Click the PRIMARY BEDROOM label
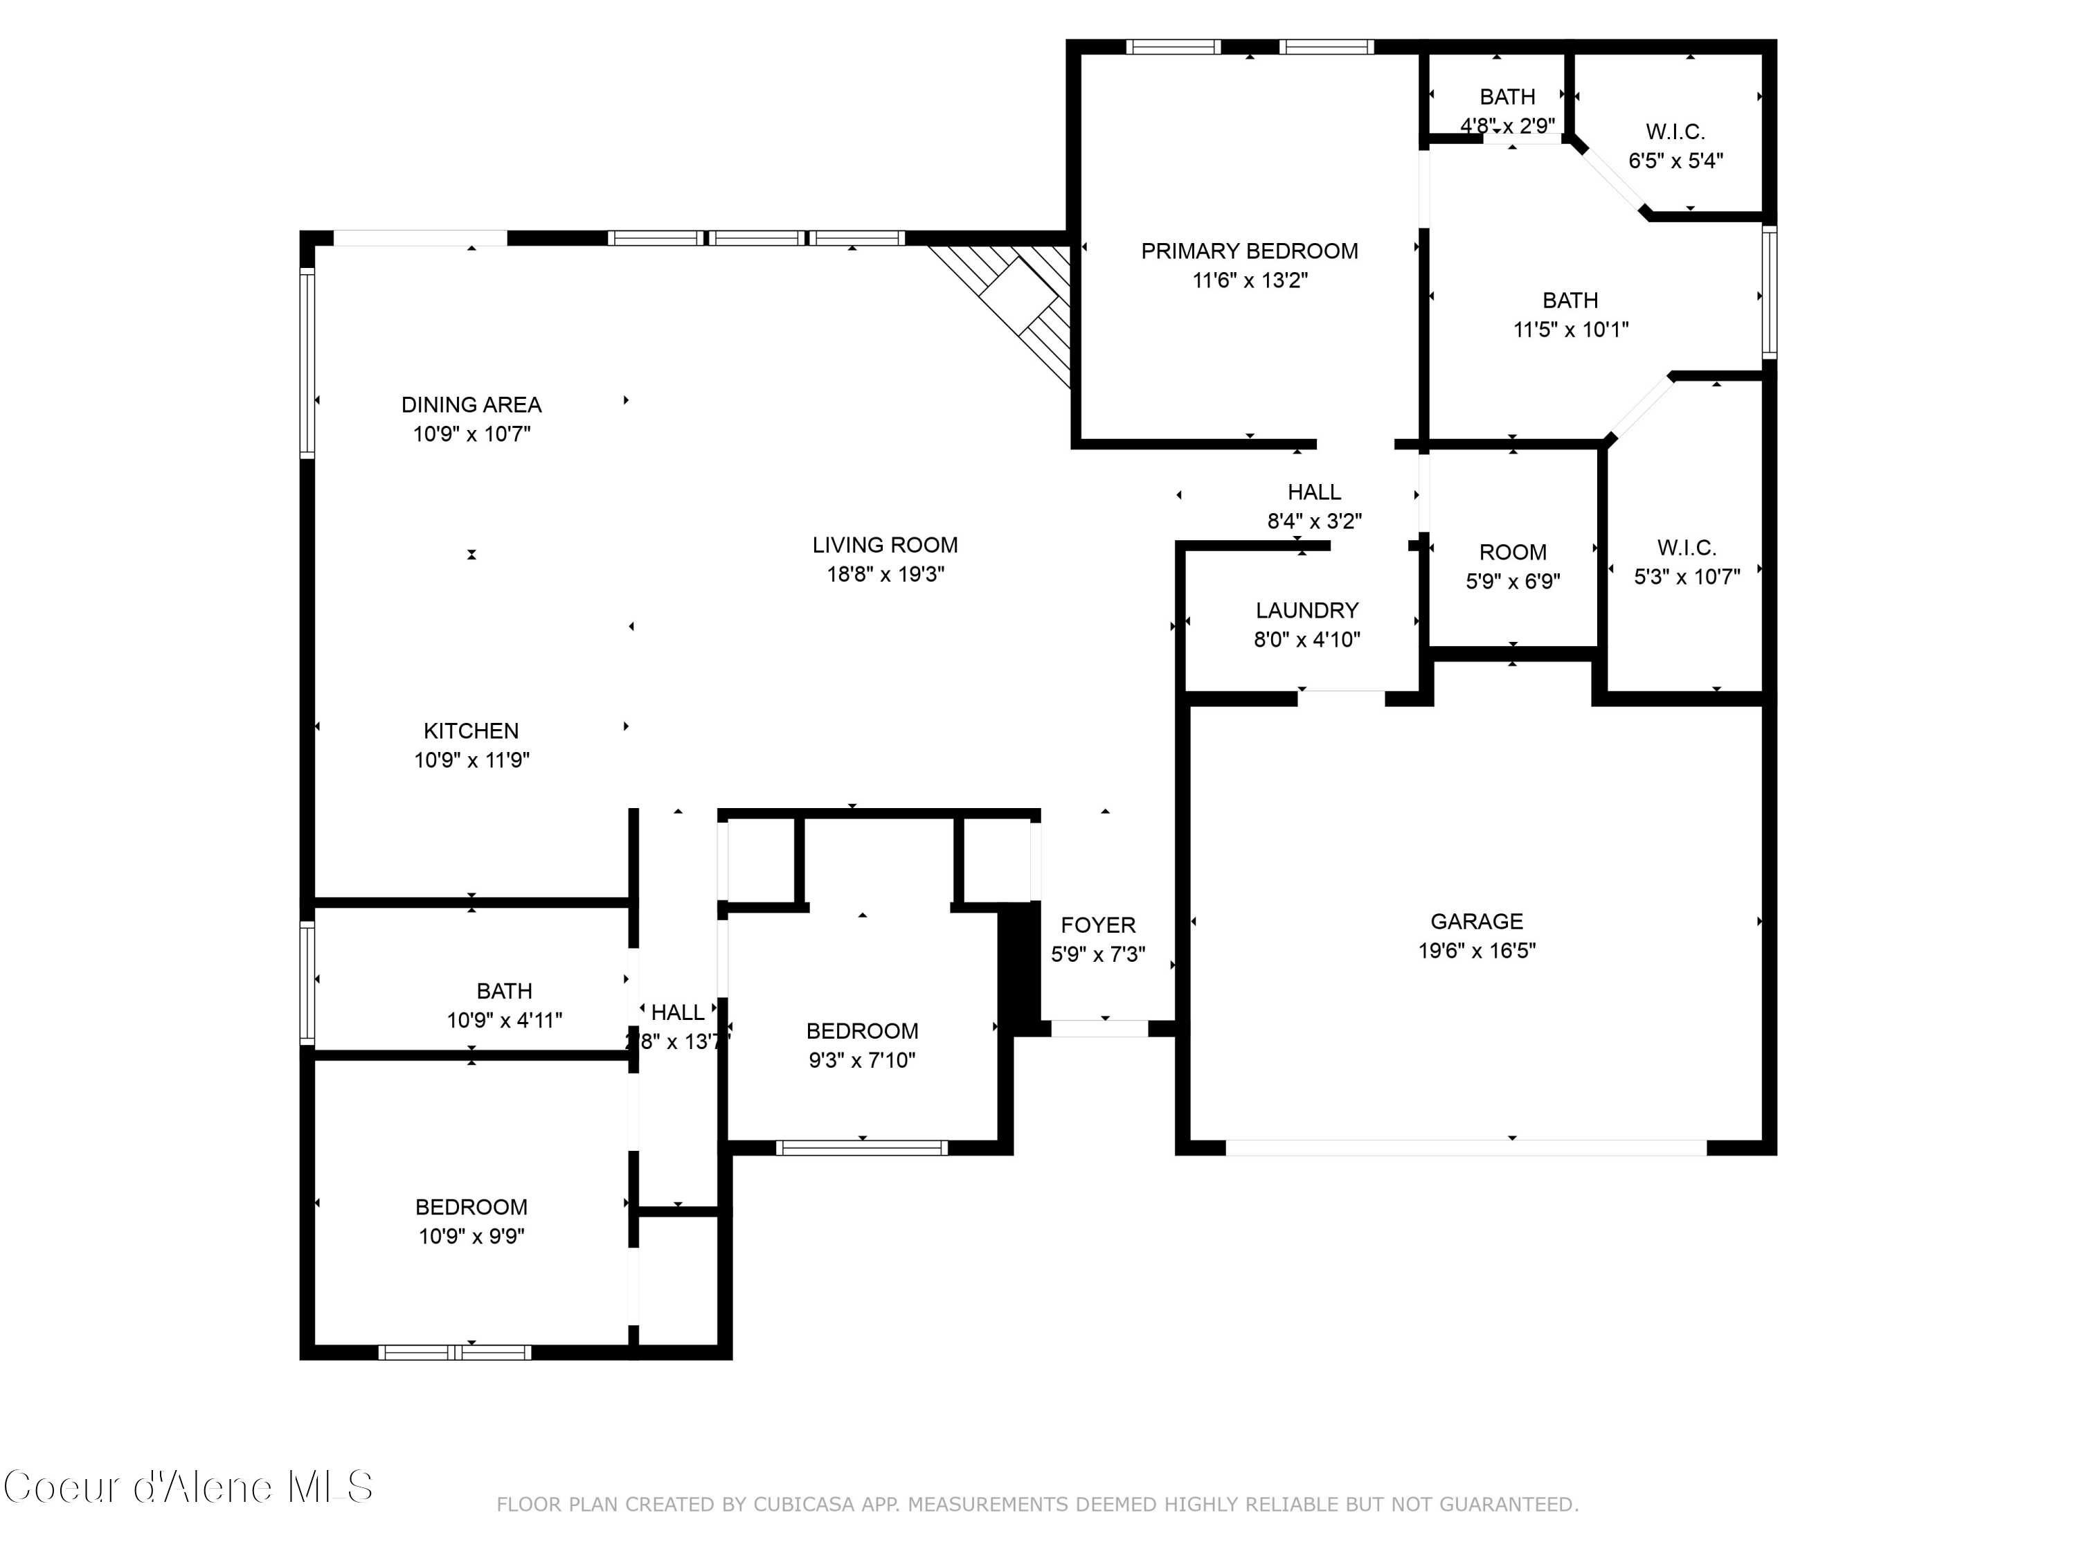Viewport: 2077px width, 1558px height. (1249, 251)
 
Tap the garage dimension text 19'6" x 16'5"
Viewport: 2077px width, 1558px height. (1476, 951)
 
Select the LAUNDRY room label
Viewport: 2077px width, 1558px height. (1307, 611)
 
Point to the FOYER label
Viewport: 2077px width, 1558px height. (1097, 925)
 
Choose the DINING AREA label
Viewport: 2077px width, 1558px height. (471, 405)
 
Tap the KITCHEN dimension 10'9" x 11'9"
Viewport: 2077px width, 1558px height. (471, 760)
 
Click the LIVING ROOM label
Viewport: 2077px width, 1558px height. (885, 545)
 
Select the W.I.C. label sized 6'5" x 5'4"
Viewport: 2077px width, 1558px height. (1675, 132)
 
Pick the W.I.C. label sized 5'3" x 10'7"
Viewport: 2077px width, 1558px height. (1687, 548)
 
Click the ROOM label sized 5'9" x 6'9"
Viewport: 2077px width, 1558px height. (1513, 552)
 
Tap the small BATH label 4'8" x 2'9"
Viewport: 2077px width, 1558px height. (1507, 97)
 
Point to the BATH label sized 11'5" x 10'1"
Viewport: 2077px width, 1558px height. (1570, 301)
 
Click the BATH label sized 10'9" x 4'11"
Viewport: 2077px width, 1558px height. (504, 991)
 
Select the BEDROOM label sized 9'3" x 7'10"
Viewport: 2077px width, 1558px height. (862, 1031)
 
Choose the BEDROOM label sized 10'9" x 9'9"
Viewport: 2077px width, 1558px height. (471, 1207)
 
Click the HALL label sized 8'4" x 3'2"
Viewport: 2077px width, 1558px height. (1313, 492)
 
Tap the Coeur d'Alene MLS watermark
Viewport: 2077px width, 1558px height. (188, 1487)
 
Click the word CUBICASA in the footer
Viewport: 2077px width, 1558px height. (804, 1505)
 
